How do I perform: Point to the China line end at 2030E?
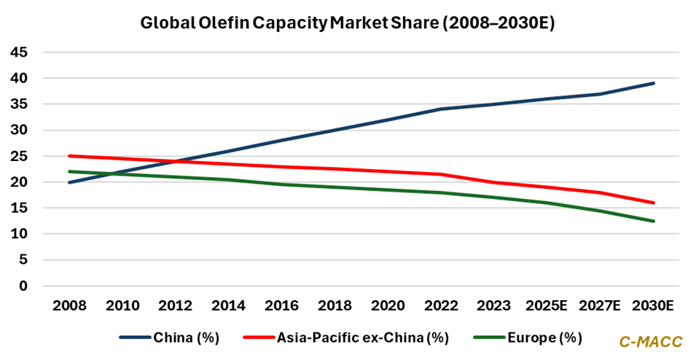pos(654,83)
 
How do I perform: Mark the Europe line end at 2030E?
pos(654,221)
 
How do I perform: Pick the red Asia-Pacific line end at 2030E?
pos(654,203)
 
